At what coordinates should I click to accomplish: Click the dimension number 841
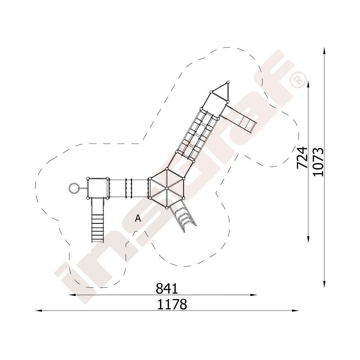coord(167,288)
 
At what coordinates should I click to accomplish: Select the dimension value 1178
coord(172,304)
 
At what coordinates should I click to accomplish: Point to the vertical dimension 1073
coord(318,162)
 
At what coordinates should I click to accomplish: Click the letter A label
coord(138,218)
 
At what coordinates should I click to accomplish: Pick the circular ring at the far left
coord(73,188)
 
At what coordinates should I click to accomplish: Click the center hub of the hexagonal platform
coord(167,188)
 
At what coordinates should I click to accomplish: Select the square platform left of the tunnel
coord(98,188)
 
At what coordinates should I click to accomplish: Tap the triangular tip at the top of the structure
coord(220,92)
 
